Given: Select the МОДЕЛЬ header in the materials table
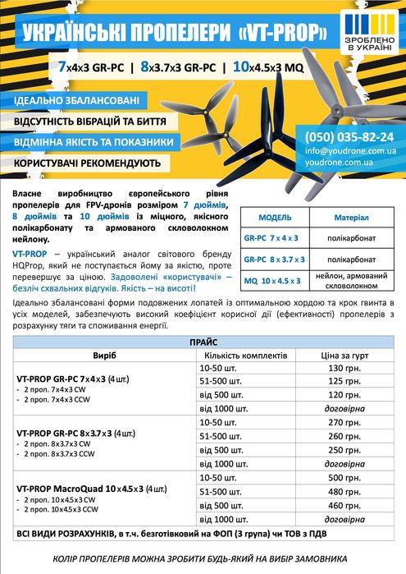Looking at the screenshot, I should pos(275,217).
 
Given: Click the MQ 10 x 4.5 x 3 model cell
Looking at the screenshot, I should pos(274,281).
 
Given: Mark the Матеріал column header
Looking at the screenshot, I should pos(351,217).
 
